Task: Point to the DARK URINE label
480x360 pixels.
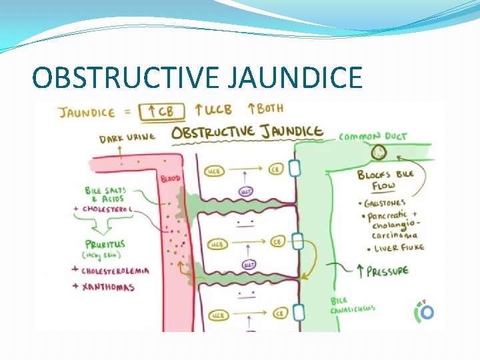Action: point(127,139)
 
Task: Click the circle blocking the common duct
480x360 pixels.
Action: point(379,152)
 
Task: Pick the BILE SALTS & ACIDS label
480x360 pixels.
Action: point(107,195)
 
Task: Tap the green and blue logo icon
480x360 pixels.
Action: point(424,311)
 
